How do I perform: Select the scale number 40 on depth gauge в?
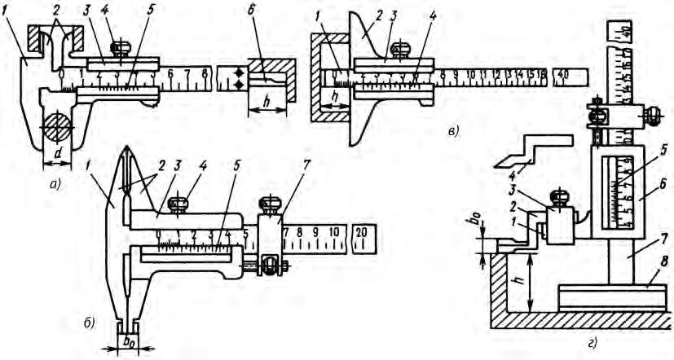(562, 75)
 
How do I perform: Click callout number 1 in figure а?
(6, 34)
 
